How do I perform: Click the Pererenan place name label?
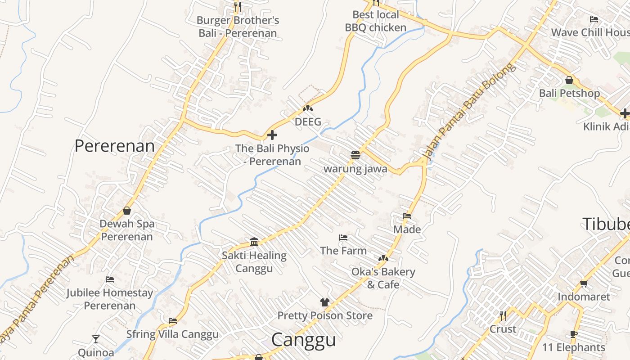(x=114, y=146)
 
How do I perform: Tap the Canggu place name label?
(x=304, y=340)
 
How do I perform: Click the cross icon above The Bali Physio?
(x=272, y=135)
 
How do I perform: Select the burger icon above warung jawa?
(x=355, y=155)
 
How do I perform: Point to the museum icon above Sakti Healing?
(x=254, y=242)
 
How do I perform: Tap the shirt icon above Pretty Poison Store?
(x=324, y=302)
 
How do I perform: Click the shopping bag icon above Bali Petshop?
(x=569, y=80)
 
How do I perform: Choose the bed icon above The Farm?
(x=343, y=237)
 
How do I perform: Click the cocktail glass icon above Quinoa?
(x=96, y=339)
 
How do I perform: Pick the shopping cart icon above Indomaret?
(x=584, y=283)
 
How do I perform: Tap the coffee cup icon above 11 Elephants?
(x=573, y=334)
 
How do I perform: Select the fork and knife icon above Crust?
(x=503, y=315)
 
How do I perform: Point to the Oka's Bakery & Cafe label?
(x=383, y=278)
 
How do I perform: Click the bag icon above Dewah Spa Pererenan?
(x=127, y=210)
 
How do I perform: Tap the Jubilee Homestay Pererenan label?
(x=110, y=299)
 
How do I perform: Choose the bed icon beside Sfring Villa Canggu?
(x=173, y=321)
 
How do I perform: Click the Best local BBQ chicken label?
(x=375, y=21)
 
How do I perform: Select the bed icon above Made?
(x=407, y=216)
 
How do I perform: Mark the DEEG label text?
(x=308, y=121)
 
